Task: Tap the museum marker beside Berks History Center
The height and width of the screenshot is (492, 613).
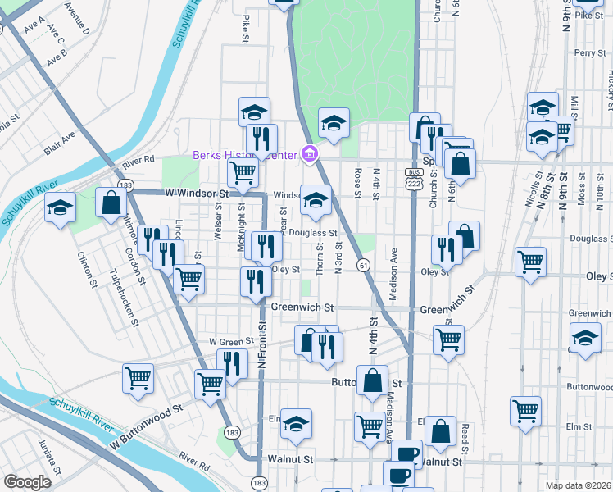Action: coord(309,153)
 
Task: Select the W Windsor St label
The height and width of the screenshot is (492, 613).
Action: coord(195,193)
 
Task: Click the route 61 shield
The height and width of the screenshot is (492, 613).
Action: coord(362,264)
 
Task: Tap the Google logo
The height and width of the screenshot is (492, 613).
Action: coord(27,482)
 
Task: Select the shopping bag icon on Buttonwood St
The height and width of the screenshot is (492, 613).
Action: coord(373,380)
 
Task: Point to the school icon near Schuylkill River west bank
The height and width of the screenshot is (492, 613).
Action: coord(61,208)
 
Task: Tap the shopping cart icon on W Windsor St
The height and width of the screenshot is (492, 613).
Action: coord(243,172)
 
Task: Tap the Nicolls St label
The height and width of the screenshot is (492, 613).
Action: coord(538,187)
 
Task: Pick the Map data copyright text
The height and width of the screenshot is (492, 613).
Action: coord(578,485)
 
